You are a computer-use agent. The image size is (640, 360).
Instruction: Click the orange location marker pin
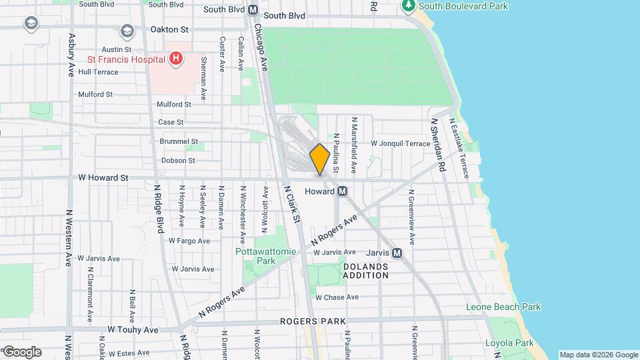[x=319, y=159]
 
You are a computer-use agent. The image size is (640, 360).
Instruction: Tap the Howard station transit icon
[x=343, y=191]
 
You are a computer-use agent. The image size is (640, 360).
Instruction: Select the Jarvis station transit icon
[x=397, y=253]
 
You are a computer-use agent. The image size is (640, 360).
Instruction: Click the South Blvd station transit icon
[x=253, y=10]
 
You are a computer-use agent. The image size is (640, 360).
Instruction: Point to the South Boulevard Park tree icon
[x=408, y=7]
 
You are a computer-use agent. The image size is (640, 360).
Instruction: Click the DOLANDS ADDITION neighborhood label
[x=365, y=271]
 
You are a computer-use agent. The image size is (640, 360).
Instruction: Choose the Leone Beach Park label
[x=512, y=307]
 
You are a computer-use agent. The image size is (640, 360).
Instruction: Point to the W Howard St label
[x=102, y=178]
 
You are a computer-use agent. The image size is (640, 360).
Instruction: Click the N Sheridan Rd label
[x=438, y=145]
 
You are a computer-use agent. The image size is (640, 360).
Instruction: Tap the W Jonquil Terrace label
[x=401, y=143]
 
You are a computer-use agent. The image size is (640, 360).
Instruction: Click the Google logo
[x=21, y=352]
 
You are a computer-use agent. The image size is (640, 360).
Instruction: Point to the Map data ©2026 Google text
[x=598, y=355]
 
